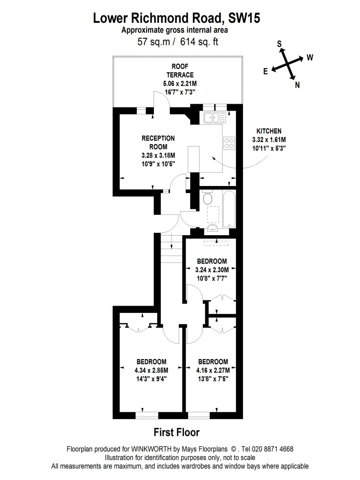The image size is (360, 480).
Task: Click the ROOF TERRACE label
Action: pyautogui.click(x=180, y=71)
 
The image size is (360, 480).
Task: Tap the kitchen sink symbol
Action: pyautogui.click(x=214, y=118)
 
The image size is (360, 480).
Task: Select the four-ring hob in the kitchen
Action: pyautogui.click(x=229, y=143)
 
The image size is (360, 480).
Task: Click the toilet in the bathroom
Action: pyautogui.click(x=207, y=196)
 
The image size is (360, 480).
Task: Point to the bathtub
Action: pyautogui.click(x=229, y=209)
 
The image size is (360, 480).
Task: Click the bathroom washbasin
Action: pyautogui.click(x=212, y=228)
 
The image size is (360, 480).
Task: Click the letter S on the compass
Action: pyautogui.click(x=279, y=44)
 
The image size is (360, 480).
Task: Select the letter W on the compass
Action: pyautogui.click(x=310, y=58)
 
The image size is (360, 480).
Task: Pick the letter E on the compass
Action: pyautogui.click(x=266, y=71)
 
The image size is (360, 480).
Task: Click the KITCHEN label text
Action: pyautogui.click(x=269, y=131)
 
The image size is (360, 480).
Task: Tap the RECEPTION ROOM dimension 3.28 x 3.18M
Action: pyautogui.click(x=158, y=156)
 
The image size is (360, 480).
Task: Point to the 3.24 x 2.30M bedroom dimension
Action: pyautogui.click(x=212, y=270)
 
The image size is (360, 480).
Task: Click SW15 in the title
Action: pyautogui.click(x=244, y=18)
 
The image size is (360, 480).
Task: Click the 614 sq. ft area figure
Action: pyautogui.click(x=199, y=42)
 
